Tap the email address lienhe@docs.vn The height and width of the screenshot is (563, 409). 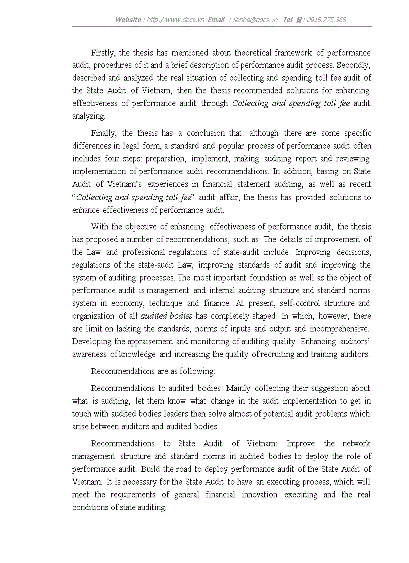(255, 20)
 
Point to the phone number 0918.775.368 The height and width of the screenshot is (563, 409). (326, 20)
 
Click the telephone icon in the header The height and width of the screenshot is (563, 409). (300, 20)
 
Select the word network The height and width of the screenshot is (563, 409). (356, 444)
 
